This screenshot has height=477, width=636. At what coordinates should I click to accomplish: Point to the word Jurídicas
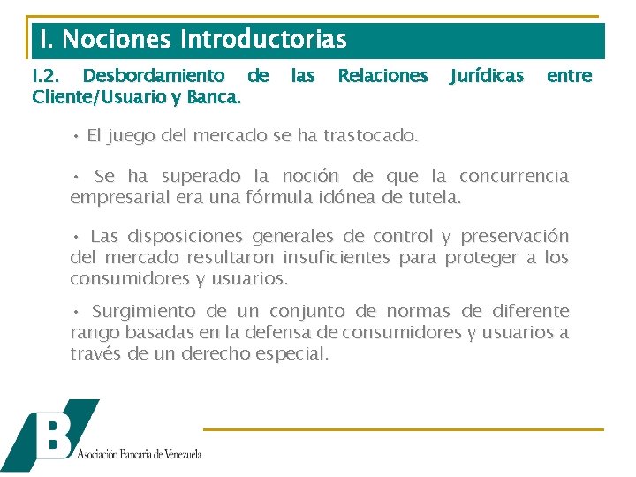(x=487, y=76)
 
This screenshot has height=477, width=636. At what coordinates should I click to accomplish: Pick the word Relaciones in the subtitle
(x=382, y=76)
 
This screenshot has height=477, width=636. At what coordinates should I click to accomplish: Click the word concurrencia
(x=514, y=176)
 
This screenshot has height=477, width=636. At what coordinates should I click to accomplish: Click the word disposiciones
(x=185, y=237)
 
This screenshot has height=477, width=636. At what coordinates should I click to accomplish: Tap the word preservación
(x=516, y=237)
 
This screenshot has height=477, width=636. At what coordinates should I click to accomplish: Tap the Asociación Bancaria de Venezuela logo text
(x=140, y=454)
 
